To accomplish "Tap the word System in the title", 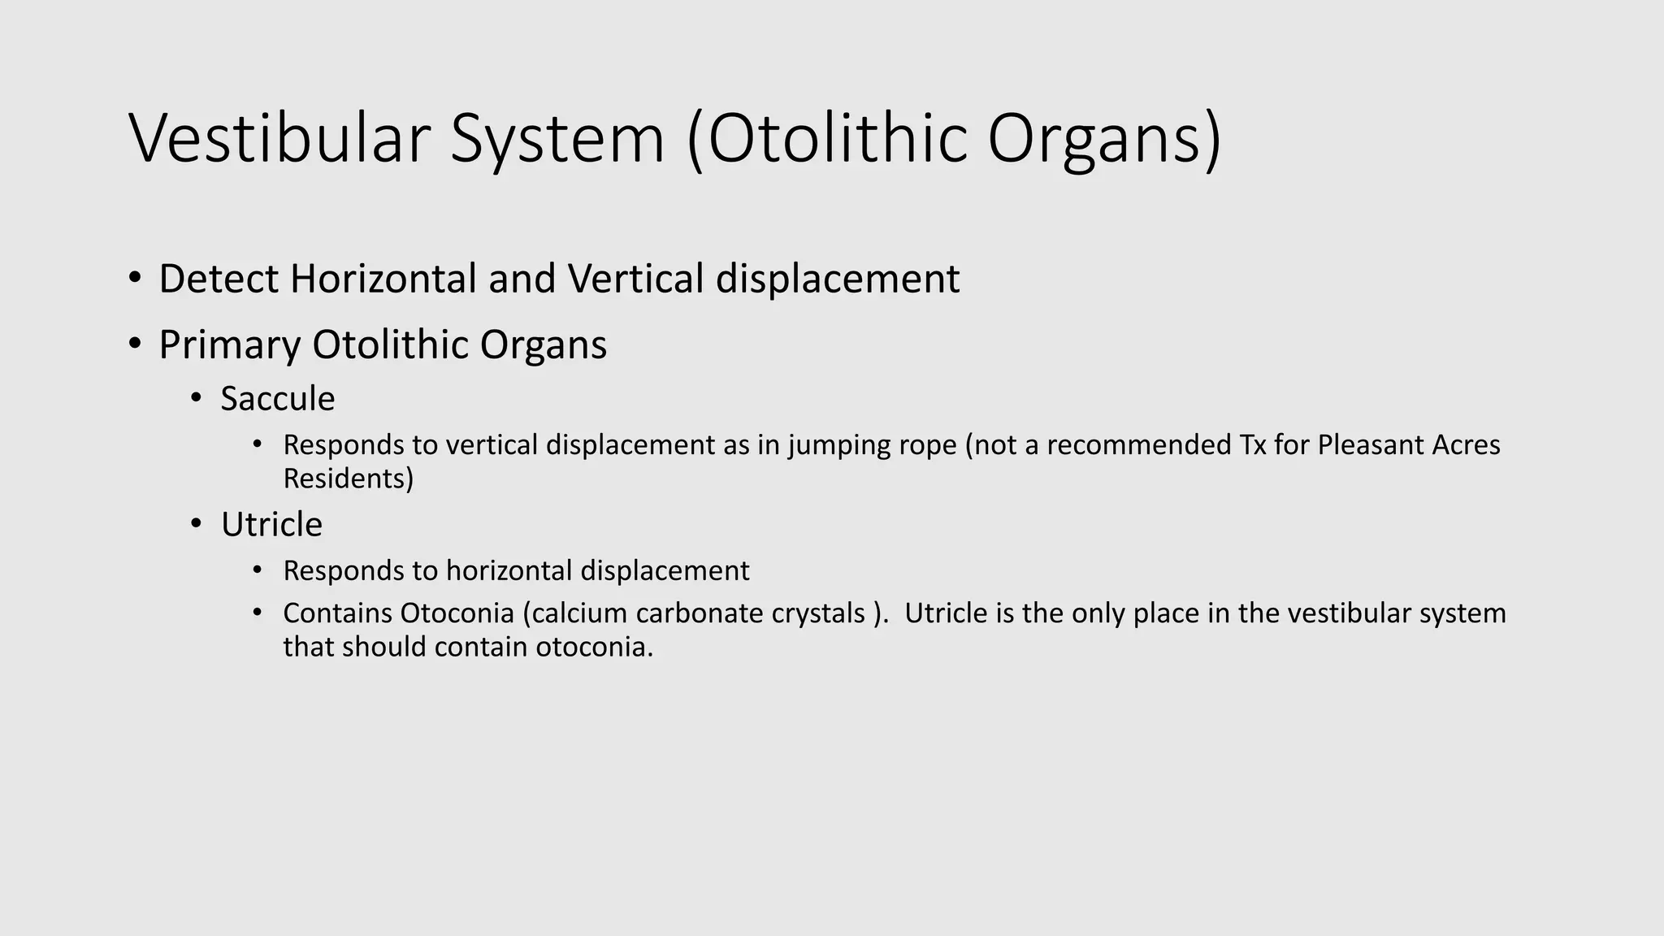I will click(x=557, y=140).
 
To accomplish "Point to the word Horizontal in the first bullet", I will click(x=383, y=279).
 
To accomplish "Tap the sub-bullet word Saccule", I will click(x=277, y=399).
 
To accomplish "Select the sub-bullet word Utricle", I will click(x=271, y=525).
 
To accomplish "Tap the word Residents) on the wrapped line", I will click(x=348, y=479).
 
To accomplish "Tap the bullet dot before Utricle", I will click(x=196, y=525).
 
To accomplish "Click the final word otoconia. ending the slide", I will click(x=594, y=648).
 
